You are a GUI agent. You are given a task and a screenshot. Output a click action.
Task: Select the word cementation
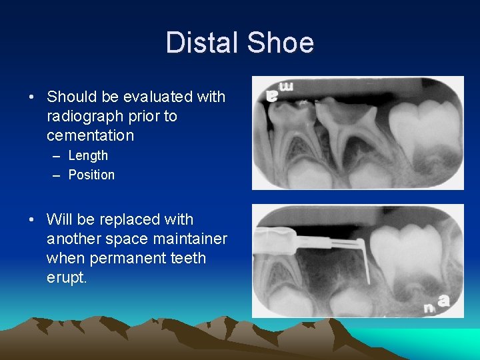point(90,135)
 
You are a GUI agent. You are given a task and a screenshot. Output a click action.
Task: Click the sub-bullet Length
point(88,155)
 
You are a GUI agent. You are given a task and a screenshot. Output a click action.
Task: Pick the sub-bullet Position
point(91,175)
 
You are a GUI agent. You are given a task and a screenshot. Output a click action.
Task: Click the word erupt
point(67,277)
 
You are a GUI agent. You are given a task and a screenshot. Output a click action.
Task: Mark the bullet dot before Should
point(32,97)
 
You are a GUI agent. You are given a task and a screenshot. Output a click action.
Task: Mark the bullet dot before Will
point(32,220)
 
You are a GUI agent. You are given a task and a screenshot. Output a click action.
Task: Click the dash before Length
point(55,156)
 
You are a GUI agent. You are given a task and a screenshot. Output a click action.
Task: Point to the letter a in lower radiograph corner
point(443,301)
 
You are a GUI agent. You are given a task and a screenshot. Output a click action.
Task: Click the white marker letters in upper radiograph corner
point(280,91)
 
